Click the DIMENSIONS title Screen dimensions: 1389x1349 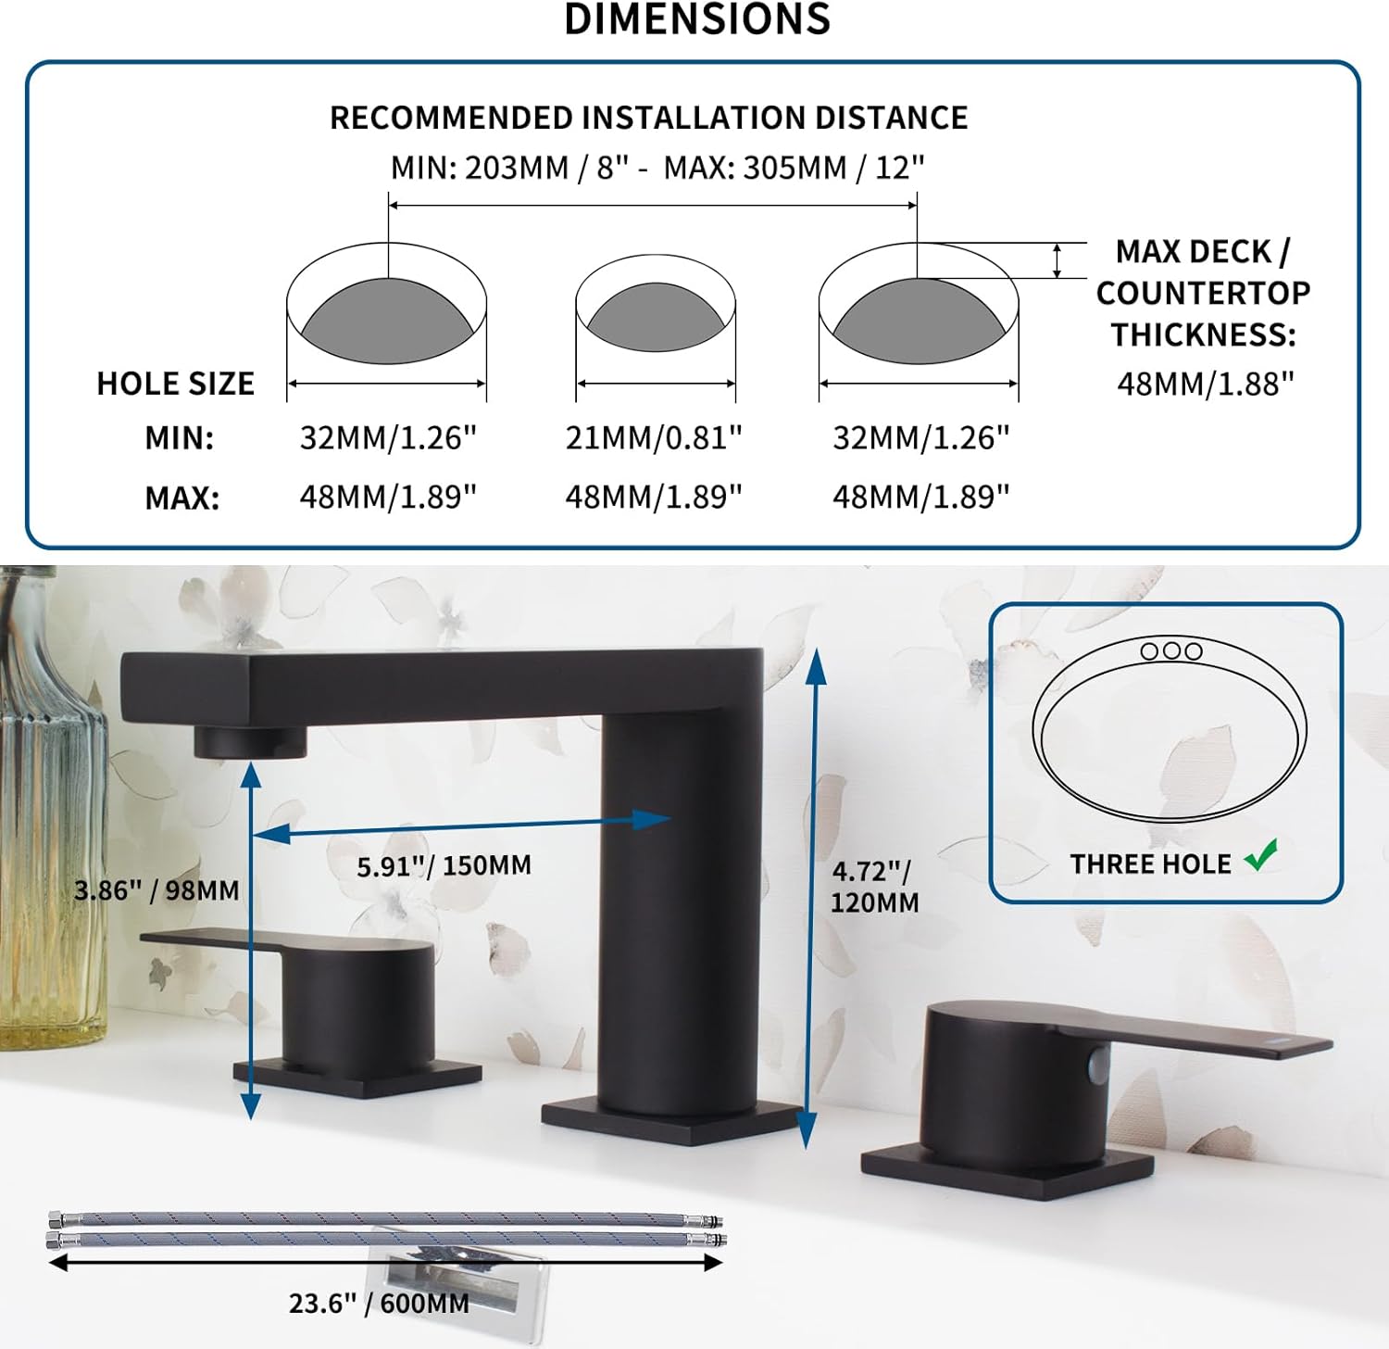click(696, 20)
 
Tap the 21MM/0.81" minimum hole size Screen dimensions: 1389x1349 click(654, 437)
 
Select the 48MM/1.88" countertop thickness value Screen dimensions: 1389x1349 click(1205, 384)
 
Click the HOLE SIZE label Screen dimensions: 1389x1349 click(175, 384)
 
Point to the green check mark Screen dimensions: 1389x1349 click(1261, 855)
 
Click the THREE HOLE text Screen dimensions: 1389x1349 click(1150, 864)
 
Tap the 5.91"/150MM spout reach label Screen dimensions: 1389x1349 click(444, 866)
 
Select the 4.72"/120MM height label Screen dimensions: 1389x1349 click(873, 887)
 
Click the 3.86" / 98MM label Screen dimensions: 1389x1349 click(156, 890)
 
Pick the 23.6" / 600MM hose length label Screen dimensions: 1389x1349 click(379, 1304)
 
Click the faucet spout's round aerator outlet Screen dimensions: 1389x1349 click(249, 742)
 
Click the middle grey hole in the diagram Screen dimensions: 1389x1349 click(656, 317)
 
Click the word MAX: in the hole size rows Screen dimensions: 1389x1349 click(181, 498)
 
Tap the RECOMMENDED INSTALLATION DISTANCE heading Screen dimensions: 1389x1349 click(648, 119)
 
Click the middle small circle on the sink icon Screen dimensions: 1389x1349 click(1171, 650)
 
